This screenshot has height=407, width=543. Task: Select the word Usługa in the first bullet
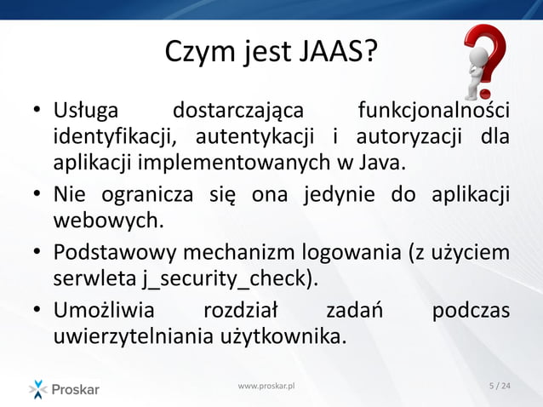(87, 111)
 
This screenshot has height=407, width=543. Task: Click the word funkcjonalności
(433, 111)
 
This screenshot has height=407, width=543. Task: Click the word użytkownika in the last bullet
(282, 337)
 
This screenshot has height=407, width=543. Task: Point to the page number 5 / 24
(500, 387)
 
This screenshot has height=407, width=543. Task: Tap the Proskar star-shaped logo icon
(38, 389)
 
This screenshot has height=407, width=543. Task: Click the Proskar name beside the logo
(77, 390)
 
